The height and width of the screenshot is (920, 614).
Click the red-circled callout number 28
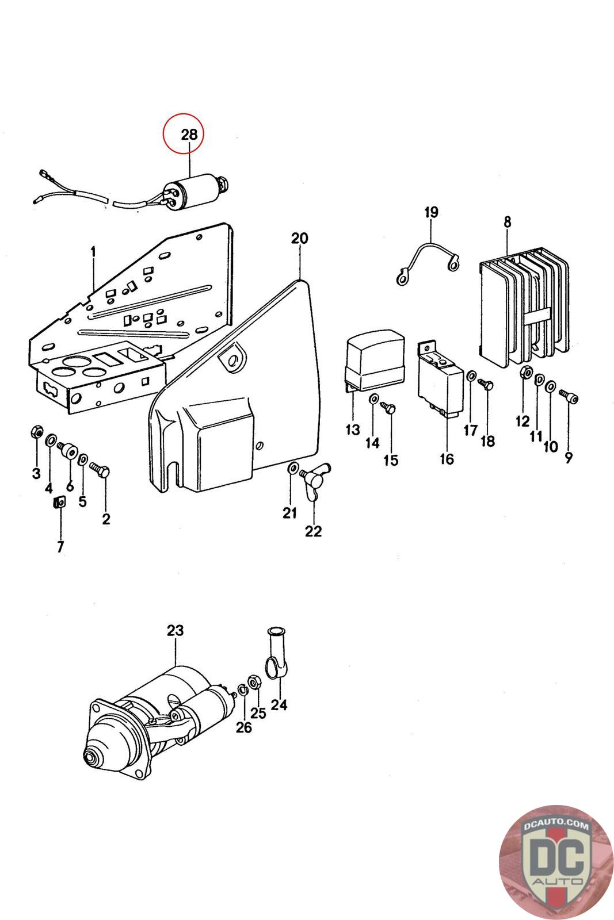point(189,135)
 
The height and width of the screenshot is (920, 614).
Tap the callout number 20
point(299,238)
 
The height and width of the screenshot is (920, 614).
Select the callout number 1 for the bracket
point(93,251)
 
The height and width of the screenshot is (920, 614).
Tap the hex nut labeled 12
point(525,372)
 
